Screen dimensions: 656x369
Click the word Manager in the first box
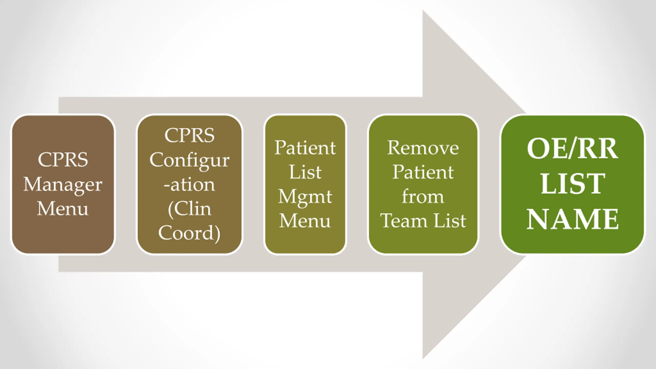(x=63, y=185)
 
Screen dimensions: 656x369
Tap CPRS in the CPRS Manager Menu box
(x=63, y=160)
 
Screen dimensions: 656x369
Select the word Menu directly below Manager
(x=63, y=209)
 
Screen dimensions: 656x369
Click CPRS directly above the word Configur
(x=189, y=135)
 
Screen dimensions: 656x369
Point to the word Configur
(x=189, y=161)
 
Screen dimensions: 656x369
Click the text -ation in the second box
(x=189, y=185)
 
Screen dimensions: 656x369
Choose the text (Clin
(x=190, y=210)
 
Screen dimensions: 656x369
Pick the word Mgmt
(x=305, y=198)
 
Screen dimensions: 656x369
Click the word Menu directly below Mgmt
(x=305, y=221)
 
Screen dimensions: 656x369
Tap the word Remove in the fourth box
(x=423, y=148)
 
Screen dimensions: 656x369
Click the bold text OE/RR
(x=572, y=149)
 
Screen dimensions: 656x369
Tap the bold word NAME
(x=573, y=219)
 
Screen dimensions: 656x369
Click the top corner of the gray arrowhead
(x=423, y=10)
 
